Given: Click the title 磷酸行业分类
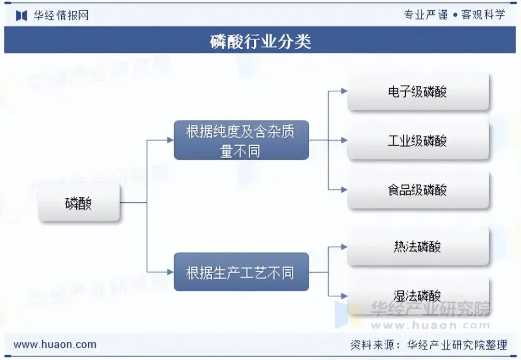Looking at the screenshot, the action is click(x=260, y=41).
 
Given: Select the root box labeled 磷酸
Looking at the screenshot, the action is click(x=79, y=204).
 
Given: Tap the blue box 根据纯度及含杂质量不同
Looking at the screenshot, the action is click(x=241, y=140).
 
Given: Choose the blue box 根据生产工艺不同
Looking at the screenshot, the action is click(x=241, y=272).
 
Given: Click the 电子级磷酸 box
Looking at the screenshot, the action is click(x=418, y=92).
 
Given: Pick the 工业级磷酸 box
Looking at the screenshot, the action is click(x=418, y=141).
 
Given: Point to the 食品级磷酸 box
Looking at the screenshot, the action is click(x=418, y=190).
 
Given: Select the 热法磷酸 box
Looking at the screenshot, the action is click(x=418, y=247).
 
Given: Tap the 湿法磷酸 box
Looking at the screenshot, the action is click(x=418, y=295).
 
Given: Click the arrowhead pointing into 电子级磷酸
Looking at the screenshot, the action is click(x=344, y=91).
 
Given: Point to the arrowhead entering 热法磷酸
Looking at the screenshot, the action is click(x=344, y=247).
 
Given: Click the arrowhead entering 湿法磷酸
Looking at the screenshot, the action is click(x=344, y=295).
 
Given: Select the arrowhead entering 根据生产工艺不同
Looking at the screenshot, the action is click(x=170, y=272).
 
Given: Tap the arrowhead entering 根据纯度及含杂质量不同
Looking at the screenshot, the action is click(x=170, y=140).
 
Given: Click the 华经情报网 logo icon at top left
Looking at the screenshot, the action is click(x=21, y=15).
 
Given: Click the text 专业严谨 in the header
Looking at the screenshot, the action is click(x=426, y=15).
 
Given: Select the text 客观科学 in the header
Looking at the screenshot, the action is click(x=483, y=15).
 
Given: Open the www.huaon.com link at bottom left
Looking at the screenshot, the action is click(x=55, y=345).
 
